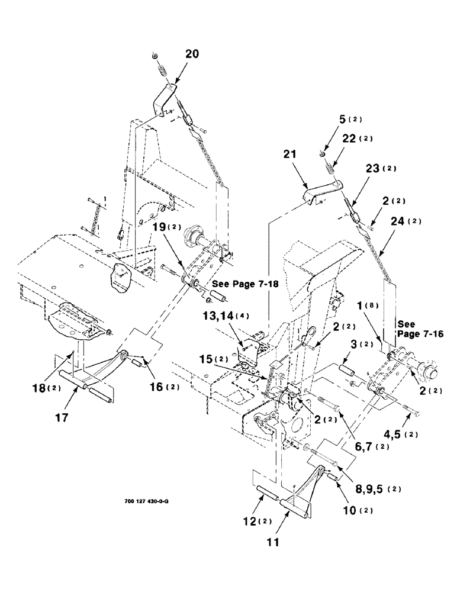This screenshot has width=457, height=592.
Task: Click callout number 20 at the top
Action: (192, 54)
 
